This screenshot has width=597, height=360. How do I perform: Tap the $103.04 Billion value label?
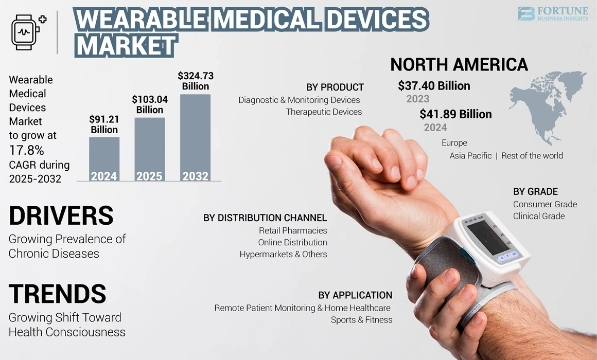pyautogui.click(x=149, y=104)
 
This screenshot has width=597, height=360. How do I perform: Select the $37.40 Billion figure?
pyautogui.click(x=434, y=86)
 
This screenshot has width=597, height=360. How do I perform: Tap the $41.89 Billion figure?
pyautogui.click(x=455, y=114)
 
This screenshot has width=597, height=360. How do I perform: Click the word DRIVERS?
pyautogui.click(x=61, y=215)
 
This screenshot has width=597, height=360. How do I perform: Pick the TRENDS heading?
pyautogui.click(x=57, y=293)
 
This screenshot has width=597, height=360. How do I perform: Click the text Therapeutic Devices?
pyautogui.click(x=324, y=112)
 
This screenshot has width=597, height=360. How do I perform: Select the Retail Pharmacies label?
pyautogui.click(x=293, y=230)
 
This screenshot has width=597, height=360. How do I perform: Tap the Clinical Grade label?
pyautogui.click(x=538, y=216)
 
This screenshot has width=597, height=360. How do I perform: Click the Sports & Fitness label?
pyautogui.click(x=361, y=320)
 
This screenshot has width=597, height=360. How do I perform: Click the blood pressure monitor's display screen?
pyautogui.click(x=488, y=237)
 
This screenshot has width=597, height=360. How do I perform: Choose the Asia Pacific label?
pyautogui.click(x=470, y=155)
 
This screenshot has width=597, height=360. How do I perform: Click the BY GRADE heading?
pyautogui.click(x=535, y=191)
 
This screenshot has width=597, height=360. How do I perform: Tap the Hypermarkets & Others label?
pyautogui.click(x=283, y=254)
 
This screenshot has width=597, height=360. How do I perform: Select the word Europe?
pyautogui.click(x=454, y=142)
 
